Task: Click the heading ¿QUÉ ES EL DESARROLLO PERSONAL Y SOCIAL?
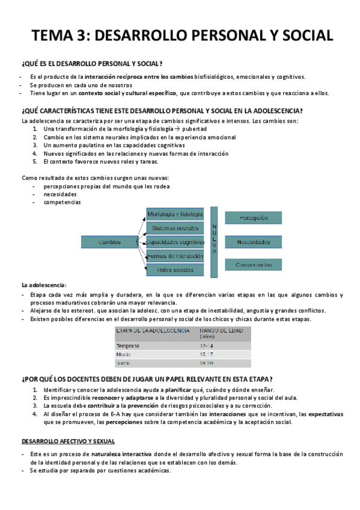coord(92,64)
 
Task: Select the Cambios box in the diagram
coord(109,242)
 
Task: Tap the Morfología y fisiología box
coord(175,214)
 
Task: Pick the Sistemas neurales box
coord(175,228)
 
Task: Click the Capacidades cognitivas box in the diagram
coord(175,242)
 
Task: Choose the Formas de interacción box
coord(175,256)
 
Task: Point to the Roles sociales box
coord(175,270)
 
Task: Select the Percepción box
coord(253,217)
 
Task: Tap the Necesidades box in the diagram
coord(253,242)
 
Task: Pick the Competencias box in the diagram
coord(253,265)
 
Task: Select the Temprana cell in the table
coord(128,346)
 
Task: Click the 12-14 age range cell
coord(206,346)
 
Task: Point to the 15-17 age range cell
coord(206,355)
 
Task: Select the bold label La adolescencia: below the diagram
coord(44,285)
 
